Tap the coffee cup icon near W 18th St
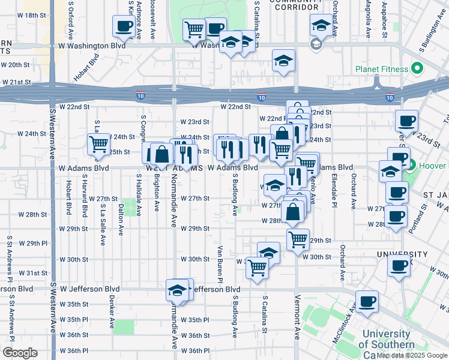point(124,26)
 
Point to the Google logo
point(20,353)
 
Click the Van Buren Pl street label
point(220,264)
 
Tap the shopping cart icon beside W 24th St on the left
point(98,143)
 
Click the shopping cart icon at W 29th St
point(298,240)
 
